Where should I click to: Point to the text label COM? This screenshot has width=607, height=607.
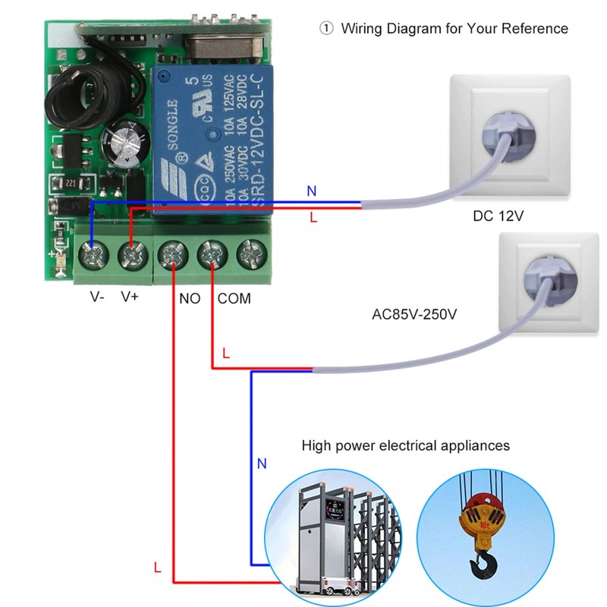(234, 298)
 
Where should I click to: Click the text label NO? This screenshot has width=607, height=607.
(190, 298)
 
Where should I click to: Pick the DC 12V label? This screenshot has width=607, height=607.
(498, 216)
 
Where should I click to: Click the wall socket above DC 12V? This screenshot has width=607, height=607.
(510, 133)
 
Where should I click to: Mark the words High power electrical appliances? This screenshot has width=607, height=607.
(406, 445)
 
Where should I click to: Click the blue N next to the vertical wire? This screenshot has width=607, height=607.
(263, 463)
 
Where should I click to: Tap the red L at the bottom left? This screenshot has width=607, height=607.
(157, 567)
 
